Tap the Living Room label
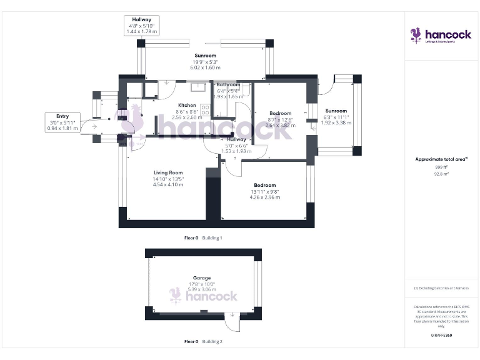pyautogui.click(x=168, y=172)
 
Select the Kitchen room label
pyautogui.click(x=187, y=105)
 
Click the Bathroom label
pyautogui.click(x=228, y=84)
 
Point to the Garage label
pyautogui.click(x=202, y=277)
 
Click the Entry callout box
pyautogui.click(x=62, y=122)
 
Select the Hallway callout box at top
pyautogui.click(x=141, y=25)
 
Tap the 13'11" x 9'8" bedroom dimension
pyautogui.click(x=265, y=191)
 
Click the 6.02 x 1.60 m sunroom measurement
pyautogui.click(x=205, y=67)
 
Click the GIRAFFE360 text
pyautogui.click(x=441, y=336)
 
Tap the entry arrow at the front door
pyautogui.click(x=94, y=127)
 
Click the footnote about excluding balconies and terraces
pyautogui.click(x=441, y=288)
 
